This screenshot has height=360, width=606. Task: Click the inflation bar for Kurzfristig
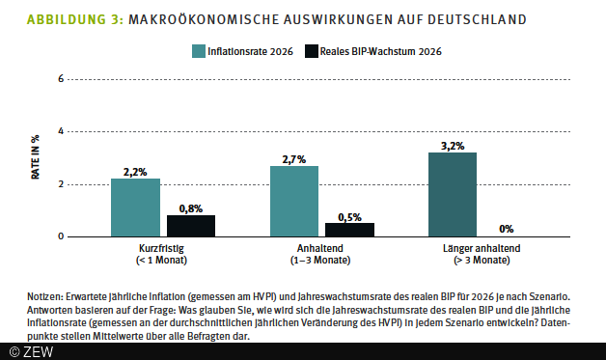(x=135, y=208)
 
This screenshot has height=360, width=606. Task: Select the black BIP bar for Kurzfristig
(x=191, y=226)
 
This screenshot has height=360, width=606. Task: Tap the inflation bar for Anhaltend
(x=293, y=201)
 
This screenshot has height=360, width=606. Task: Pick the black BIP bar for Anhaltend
(x=349, y=230)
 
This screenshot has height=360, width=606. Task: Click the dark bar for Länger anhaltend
(x=452, y=194)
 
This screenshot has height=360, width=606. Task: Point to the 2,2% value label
(x=135, y=171)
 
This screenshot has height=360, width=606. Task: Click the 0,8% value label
(x=191, y=208)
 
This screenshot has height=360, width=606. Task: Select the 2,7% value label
(x=293, y=158)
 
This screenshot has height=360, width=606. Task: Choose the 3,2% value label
(x=452, y=145)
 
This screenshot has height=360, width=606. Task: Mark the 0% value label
(x=507, y=229)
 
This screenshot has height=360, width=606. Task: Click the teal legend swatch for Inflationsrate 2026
(x=198, y=50)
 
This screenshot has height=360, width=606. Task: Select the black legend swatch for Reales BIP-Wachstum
(x=311, y=50)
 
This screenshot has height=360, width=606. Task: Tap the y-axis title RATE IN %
(x=36, y=157)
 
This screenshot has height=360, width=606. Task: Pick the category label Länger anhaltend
(x=479, y=248)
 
